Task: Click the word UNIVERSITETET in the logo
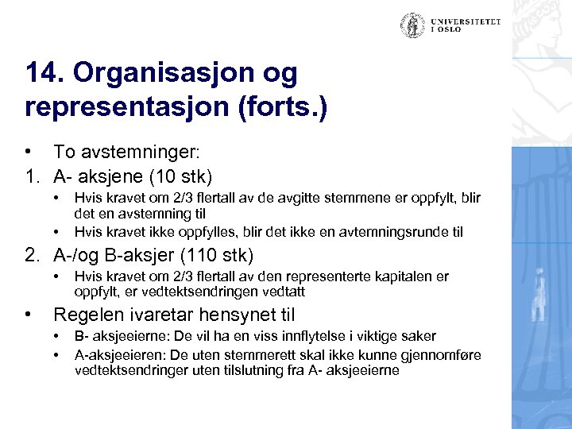466,21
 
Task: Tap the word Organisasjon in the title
186,74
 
